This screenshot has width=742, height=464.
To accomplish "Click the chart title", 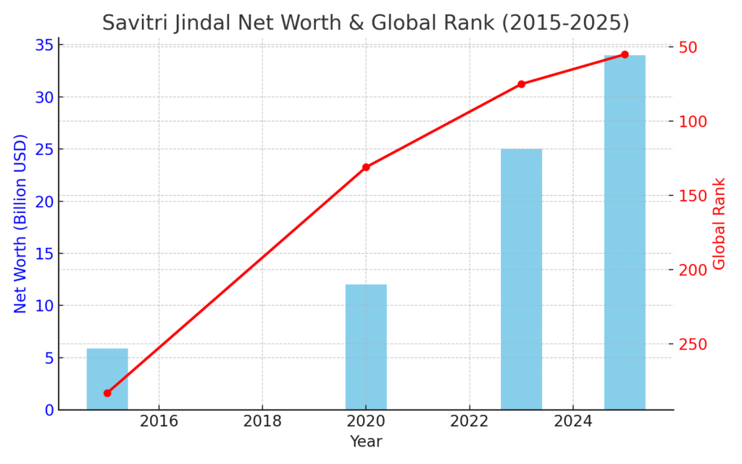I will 365,22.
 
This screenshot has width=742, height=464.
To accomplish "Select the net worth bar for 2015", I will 107,379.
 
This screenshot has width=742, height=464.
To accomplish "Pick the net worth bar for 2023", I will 521,279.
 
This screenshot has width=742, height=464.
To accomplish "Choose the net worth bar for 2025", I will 625,232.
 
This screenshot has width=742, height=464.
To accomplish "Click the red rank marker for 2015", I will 107,393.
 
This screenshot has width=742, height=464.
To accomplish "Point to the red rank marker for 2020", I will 366,167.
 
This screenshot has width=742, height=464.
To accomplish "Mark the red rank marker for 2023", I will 521,84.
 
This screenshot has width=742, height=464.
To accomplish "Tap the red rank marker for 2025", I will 625,54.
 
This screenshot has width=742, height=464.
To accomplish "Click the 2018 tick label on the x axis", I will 262,420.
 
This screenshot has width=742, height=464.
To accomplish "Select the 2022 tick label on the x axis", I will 470,420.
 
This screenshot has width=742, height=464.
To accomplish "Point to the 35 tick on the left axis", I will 44,45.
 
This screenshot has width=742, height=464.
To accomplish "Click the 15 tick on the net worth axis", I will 44,254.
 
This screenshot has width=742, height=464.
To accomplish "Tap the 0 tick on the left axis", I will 49,410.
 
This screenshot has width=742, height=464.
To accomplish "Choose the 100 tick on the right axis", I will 693,121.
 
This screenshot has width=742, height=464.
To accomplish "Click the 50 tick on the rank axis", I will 688,47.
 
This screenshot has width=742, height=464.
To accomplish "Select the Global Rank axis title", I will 720,223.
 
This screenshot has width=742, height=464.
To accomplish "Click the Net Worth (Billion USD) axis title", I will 20,223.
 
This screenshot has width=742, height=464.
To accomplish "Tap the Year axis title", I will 366,442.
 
